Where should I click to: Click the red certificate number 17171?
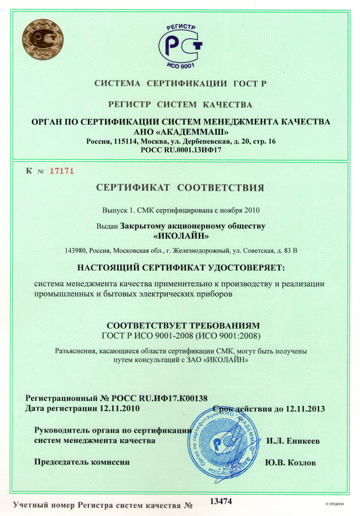pyautogui.click(x=62, y=170)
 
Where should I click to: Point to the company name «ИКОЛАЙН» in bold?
pyautogui.click(x=180, y=235)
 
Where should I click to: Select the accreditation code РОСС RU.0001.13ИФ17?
pyautogui.click(x=180, y=150)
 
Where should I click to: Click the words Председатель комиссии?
pyautogui.click(x=82, y=462)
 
